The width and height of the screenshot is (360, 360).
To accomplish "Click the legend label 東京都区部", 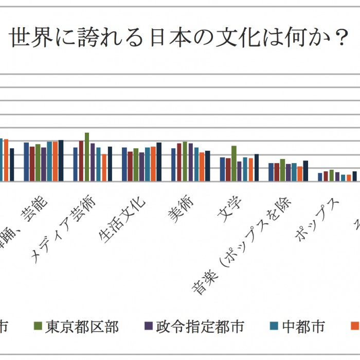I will pyautogui.click(x=82, y=326).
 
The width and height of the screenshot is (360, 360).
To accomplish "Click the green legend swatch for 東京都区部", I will pyautogui.click(x=38, y=326).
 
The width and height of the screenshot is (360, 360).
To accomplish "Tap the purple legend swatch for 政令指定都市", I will pyautogui.click(x=148, y=326).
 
